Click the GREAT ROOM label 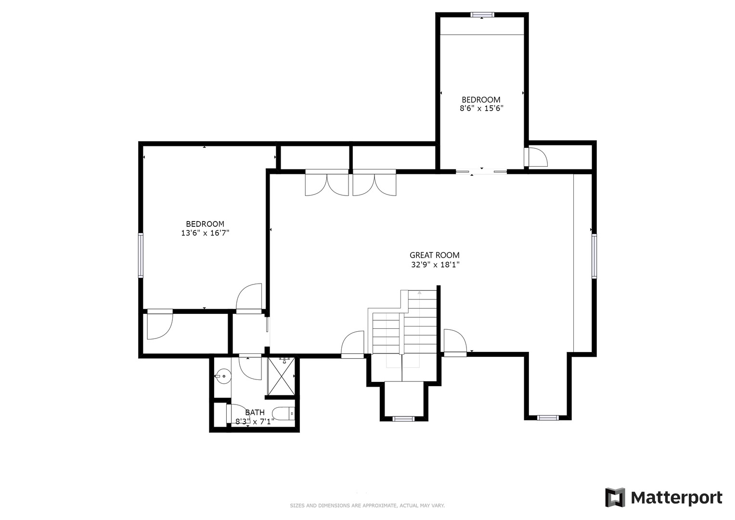435,255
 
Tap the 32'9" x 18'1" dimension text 435,265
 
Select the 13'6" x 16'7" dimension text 205,233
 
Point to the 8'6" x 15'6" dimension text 481,108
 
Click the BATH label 255,412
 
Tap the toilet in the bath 284,414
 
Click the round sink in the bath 223,376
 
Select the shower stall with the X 281,377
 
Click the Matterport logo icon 615,498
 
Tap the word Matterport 677,498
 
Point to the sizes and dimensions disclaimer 367,506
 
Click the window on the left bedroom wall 141,255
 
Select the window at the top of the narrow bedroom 482,14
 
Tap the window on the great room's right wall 594,256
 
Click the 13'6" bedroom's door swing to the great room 249,297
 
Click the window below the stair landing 403,419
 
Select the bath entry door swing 250,368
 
